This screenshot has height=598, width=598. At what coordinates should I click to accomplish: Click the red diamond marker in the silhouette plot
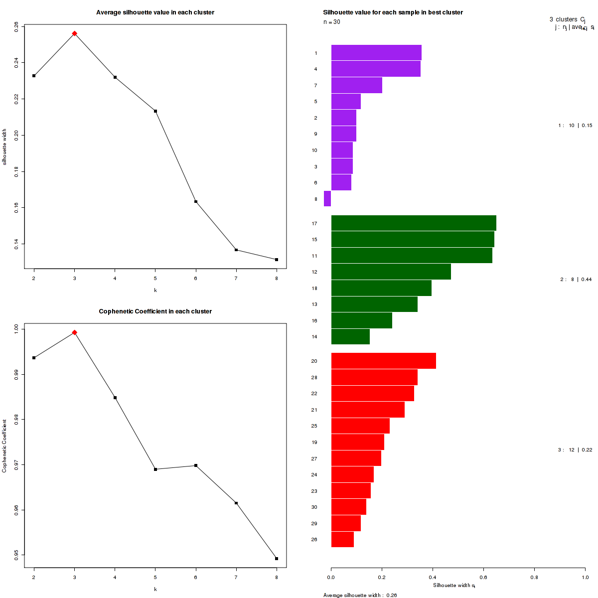(74, 33)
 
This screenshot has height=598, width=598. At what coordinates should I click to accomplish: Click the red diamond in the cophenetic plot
(74, 332)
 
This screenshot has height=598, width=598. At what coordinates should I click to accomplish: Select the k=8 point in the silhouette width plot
(277, 260)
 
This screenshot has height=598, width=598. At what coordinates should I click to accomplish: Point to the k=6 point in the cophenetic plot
(196, 465)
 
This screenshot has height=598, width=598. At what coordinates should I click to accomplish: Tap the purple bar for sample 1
(376, 52)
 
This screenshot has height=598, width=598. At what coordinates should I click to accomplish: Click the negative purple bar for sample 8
(327, 198)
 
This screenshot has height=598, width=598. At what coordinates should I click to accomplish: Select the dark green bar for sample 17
(414, 223)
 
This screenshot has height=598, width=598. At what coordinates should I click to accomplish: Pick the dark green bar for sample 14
(350, 336)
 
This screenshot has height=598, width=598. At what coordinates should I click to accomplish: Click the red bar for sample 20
(383, 361)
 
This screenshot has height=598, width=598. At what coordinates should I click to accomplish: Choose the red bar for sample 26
(342, 539)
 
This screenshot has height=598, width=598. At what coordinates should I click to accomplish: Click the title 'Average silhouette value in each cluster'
(155, 12)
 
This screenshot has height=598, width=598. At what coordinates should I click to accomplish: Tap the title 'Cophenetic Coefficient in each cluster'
(155, 311)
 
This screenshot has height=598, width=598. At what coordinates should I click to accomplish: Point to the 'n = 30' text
(332, 22)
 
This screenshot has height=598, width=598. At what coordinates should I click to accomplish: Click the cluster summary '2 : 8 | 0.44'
(576, 280)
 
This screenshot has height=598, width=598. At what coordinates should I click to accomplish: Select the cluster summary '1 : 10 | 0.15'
(575, 126)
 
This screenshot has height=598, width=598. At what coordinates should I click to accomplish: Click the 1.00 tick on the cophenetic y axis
(16, 328)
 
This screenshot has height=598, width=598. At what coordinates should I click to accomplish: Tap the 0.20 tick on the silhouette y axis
(16, 135)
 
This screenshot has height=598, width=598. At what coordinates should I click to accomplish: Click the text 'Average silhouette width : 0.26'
(360, 595)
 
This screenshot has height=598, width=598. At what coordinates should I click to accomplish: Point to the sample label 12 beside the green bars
(314, 272)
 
